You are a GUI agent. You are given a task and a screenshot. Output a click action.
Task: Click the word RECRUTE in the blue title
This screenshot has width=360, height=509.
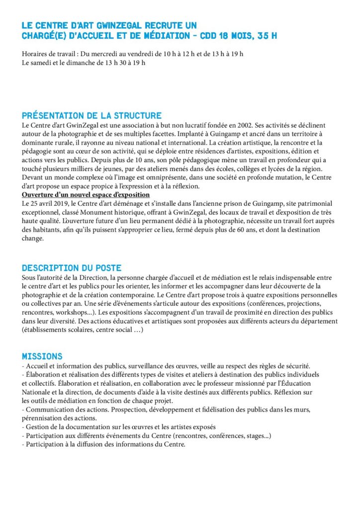(x=153, y=25)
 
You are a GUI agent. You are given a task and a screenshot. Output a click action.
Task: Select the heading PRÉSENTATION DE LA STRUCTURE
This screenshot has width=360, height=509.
(x=92, y=116)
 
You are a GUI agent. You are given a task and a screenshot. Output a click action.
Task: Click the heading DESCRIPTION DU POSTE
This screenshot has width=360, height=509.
(x=72, y=268)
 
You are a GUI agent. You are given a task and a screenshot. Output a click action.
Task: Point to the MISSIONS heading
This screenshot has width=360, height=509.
(x=42, y=356)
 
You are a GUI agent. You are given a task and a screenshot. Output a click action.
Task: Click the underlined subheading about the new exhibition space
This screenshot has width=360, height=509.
(x=86, y=194)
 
